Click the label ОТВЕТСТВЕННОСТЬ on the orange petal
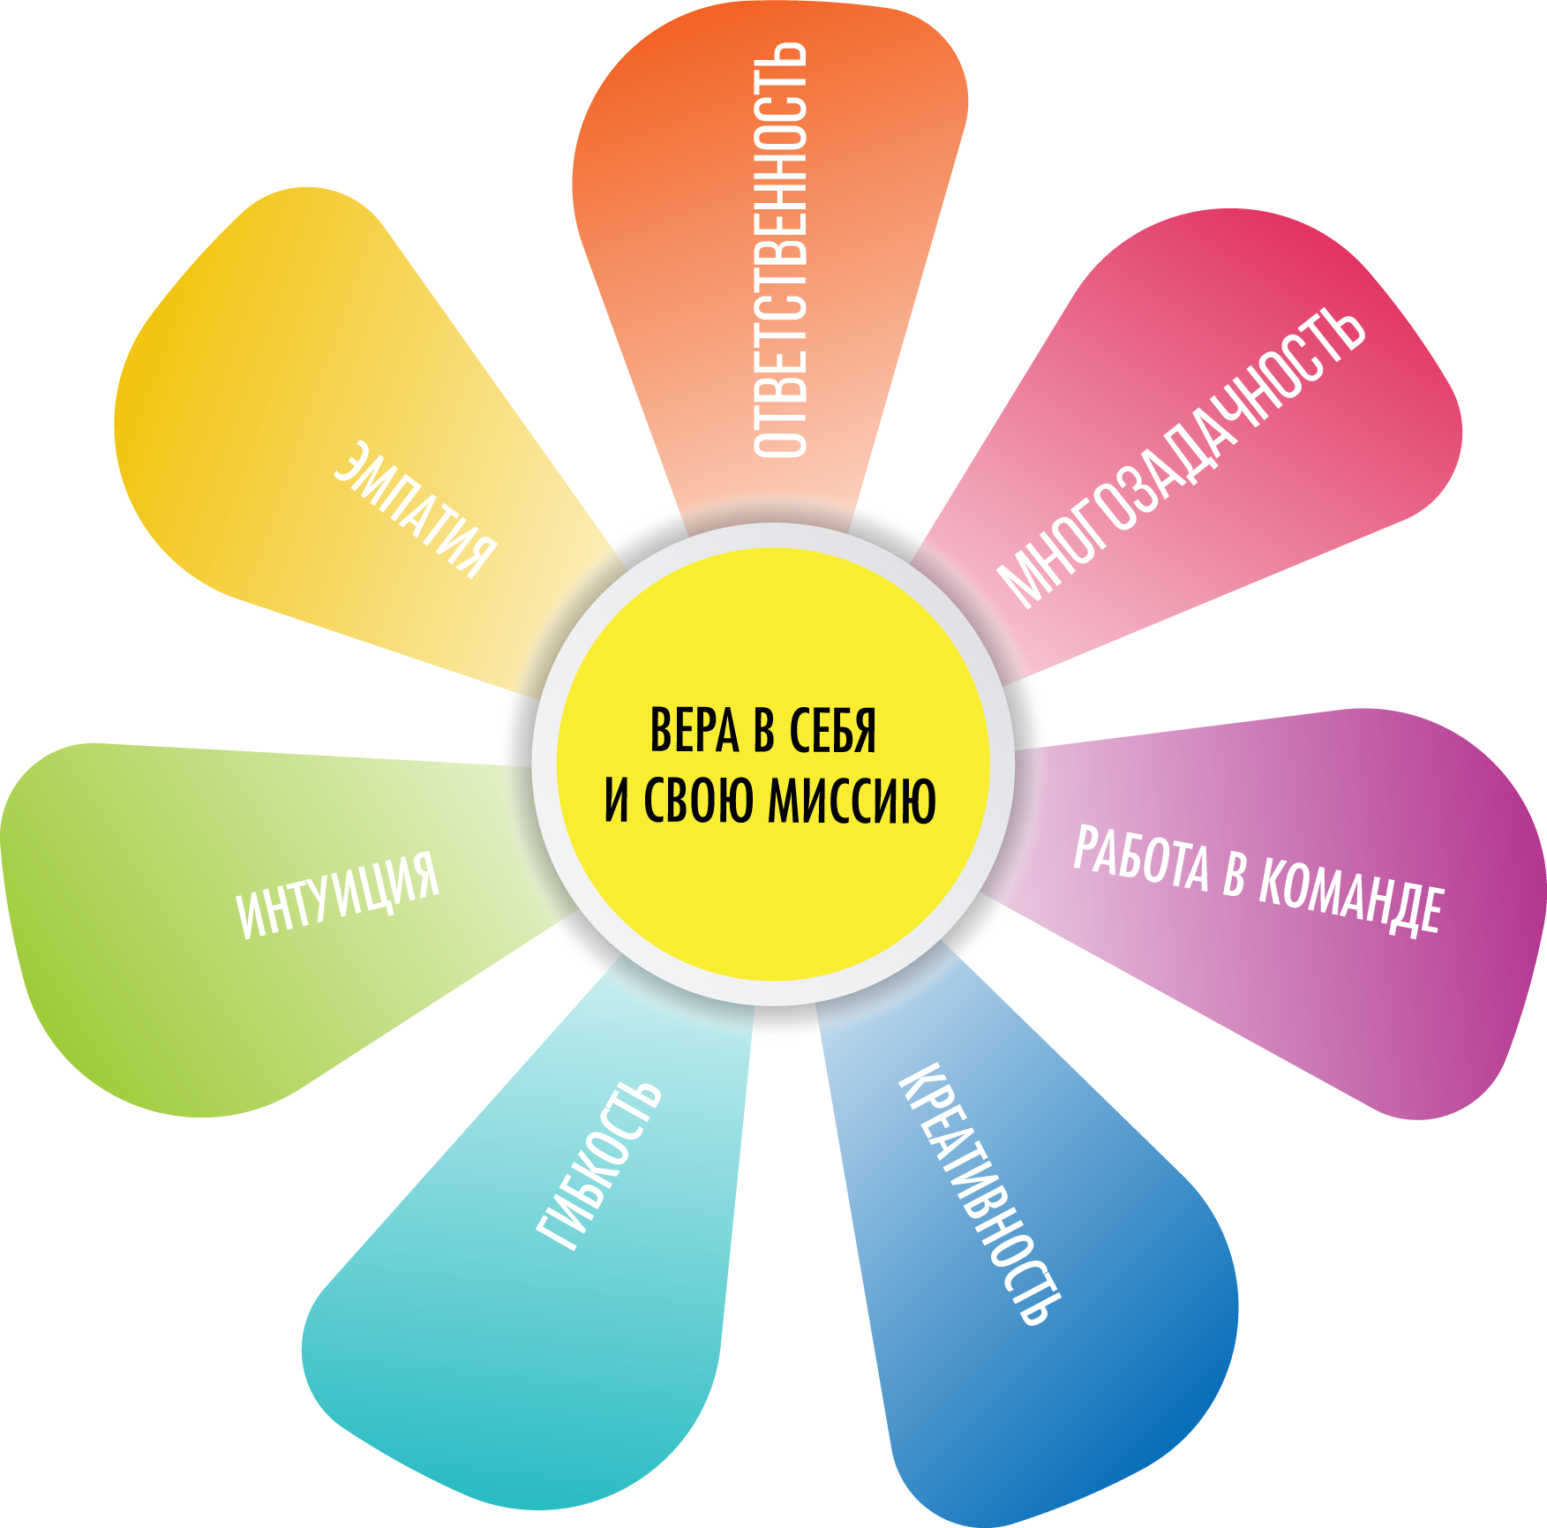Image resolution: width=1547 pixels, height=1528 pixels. (x=780, y=250)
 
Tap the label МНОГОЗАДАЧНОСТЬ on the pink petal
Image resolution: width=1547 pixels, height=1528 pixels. (x=1181, y=459)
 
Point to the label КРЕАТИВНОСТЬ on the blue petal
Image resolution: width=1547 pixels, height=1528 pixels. (x=980, y=1196)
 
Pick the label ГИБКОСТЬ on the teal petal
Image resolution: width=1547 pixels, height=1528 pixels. (x=598, y=1165)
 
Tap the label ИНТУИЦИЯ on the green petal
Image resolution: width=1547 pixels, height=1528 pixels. (x=338, y=895)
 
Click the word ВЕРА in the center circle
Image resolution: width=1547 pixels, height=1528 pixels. (x=694, y=731)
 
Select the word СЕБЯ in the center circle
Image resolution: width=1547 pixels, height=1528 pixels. (x=832, y=731)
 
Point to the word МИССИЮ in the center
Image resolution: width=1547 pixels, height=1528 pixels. (x=852, y=800)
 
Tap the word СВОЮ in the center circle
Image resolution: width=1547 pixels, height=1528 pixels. (x=701, y=800)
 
